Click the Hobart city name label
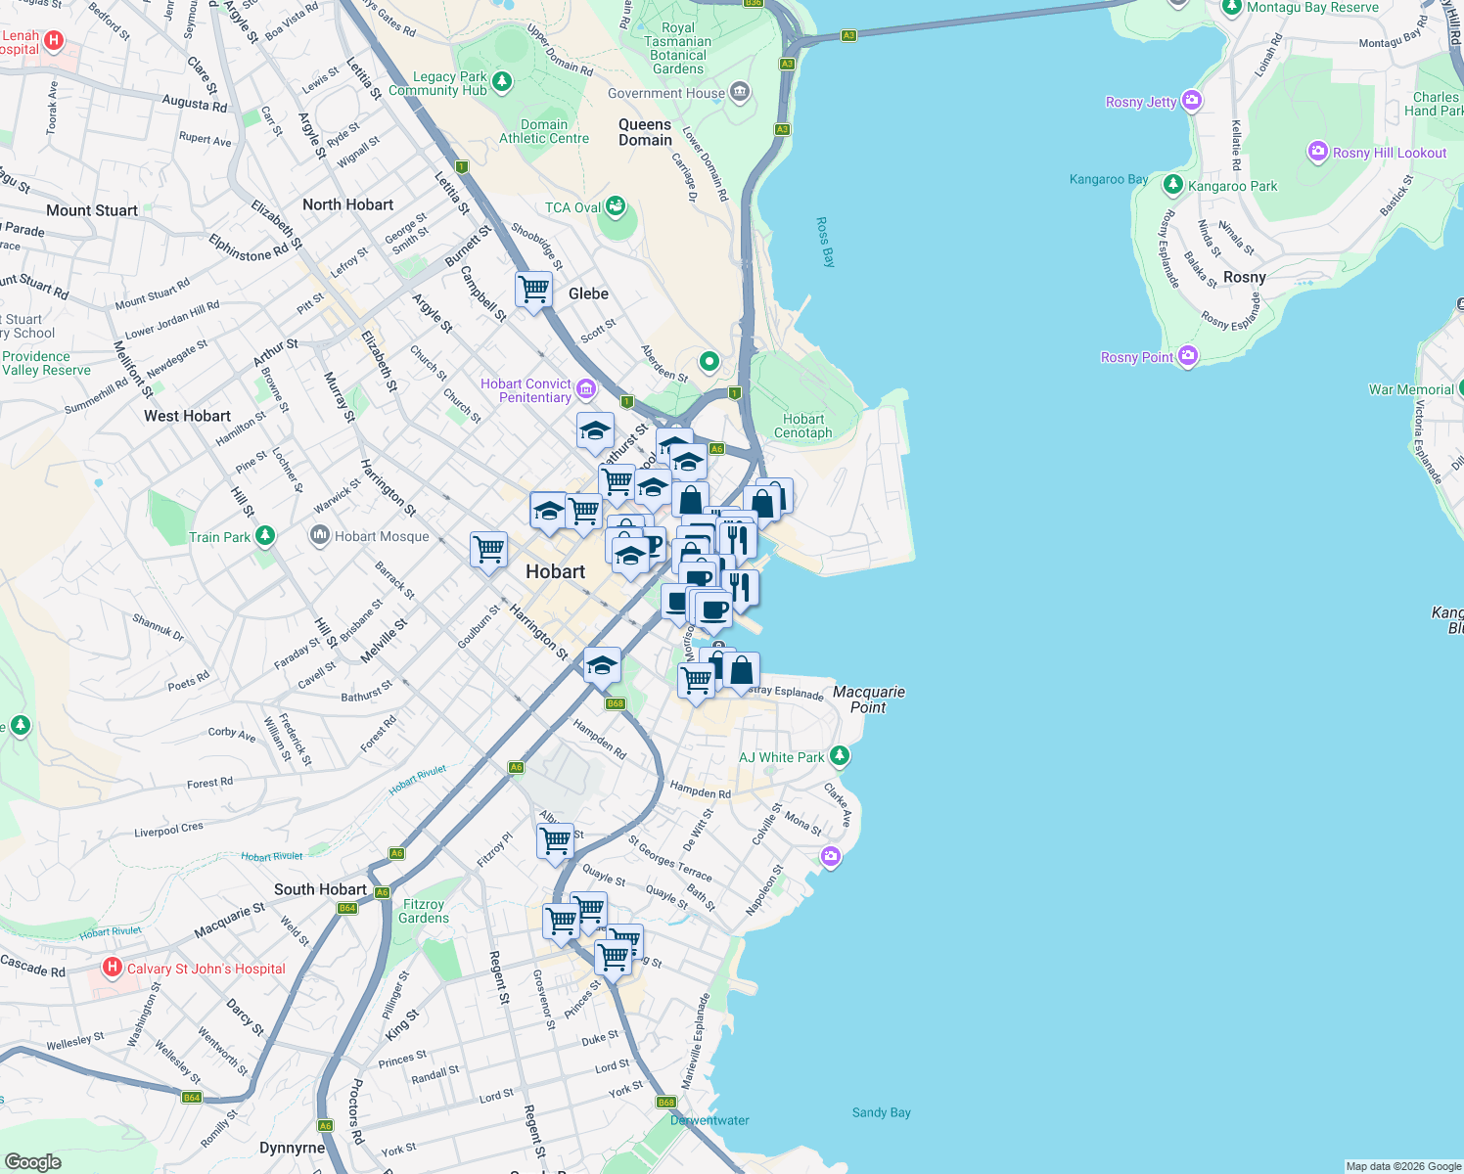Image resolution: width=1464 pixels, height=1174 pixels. point(555,571)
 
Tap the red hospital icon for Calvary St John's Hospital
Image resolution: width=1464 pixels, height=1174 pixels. point(113,969)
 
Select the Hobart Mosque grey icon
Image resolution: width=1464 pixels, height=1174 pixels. point(319,535)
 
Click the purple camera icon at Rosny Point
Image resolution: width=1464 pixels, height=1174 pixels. point(1188,356)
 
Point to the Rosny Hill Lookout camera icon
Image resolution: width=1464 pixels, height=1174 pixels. point(1317,152)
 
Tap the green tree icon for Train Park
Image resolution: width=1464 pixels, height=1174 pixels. point(264,536)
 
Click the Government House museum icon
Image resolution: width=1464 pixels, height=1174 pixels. point(740,93)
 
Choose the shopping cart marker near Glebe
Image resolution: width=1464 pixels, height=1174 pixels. point(533,289)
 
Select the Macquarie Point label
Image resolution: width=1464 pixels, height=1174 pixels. point(868,699)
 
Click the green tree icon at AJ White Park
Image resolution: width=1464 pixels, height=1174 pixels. point(839,756)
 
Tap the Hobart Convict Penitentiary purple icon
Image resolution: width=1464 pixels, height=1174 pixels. point(586,389)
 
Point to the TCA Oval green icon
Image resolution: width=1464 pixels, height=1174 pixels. point(616,206)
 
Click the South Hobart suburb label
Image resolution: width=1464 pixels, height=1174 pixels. point(320,889)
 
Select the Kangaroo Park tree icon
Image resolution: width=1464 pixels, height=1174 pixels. point(1172,184)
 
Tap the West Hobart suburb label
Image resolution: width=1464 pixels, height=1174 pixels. point(187,416)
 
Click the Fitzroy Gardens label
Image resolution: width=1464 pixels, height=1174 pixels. point(424,911)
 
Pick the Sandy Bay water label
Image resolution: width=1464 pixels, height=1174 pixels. point(881,1112)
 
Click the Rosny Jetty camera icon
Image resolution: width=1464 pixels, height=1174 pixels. point(1191,101)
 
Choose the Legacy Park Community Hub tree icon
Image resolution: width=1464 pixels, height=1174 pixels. point(502,81)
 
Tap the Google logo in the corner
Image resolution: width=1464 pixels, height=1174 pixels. point(33,1161)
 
